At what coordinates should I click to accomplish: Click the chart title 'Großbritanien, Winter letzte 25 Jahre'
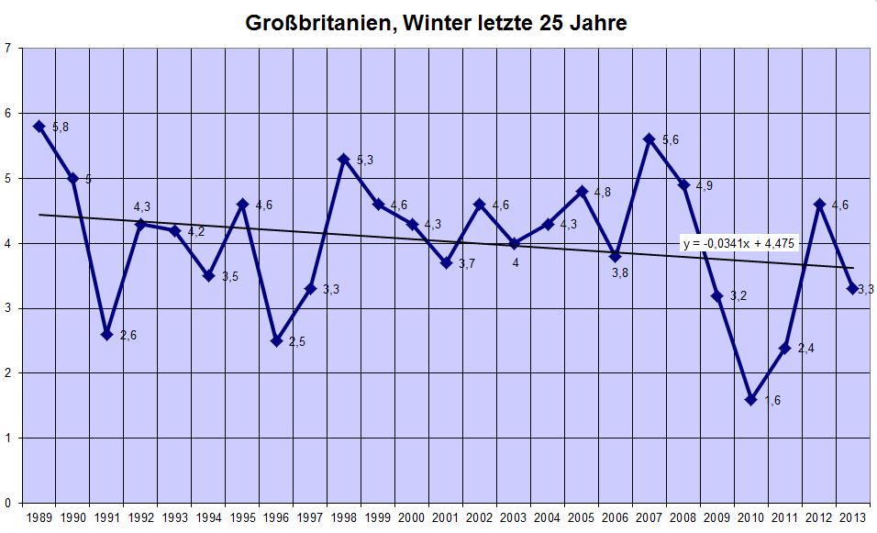[437, 23]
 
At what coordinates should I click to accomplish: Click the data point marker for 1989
[39, 126]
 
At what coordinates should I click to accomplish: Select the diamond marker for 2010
[751, 399]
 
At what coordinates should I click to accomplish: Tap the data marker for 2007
[649, 139]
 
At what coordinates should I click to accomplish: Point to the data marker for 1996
[276, 340]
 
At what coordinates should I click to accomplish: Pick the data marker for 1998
[344, 159]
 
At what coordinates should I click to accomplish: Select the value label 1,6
[772, 401]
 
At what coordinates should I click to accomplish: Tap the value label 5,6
[671, 140]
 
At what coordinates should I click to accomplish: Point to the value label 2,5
[297, 343]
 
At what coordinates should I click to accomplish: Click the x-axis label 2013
[854, 517]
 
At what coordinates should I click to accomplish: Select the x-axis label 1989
[39, 517]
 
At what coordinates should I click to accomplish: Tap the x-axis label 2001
[446, 517]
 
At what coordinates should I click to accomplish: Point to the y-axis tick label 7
[7, 49]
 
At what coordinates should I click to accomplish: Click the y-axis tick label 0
[7, 503]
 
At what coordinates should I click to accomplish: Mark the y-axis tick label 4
[7, 243]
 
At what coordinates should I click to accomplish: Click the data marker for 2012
[819, 204]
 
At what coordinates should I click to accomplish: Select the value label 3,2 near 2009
[738, 297]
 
